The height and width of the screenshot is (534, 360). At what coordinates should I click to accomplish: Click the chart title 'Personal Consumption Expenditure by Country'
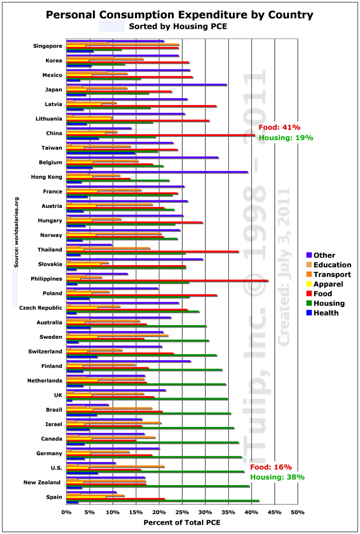tap(180, 14)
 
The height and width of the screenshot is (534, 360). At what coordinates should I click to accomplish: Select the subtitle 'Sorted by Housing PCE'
tap(178, 26)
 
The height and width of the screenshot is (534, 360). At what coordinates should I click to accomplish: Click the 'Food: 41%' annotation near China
tap(279, 128)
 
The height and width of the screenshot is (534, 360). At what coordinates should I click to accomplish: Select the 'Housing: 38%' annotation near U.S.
tap(277, 477)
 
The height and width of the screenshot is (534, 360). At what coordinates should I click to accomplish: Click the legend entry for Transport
tap(332, 274)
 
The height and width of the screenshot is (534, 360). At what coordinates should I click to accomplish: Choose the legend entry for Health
tap(326, 313)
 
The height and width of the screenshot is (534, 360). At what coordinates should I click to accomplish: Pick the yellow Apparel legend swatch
tap(309, 284)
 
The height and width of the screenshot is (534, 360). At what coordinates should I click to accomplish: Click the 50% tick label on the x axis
tap(297, 512)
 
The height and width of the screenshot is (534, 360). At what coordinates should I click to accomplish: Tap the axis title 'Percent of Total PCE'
tap(182, 523)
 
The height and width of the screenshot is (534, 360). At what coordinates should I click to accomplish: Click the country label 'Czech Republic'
tap(41, 308)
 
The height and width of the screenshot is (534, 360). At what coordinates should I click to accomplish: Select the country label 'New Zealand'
tap(42, 482)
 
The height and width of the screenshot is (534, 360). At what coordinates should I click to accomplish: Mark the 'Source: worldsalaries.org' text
tap(16, 232)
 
